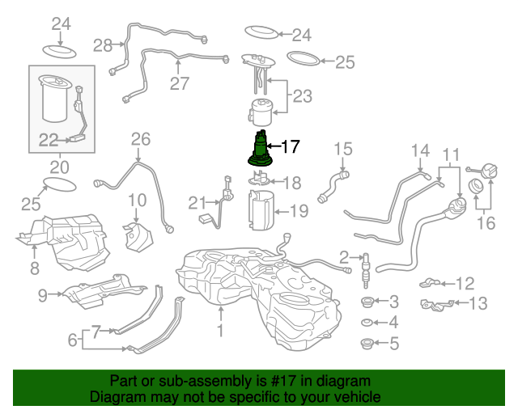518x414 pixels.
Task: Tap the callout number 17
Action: click(x=290, y=146)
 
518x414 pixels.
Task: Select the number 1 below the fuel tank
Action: click(x=219, y=330)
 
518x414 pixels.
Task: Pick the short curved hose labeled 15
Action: click(x=333, y=185)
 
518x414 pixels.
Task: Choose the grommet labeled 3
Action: click(x=367, y=302)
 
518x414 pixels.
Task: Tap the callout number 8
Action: click(x=34, y=267)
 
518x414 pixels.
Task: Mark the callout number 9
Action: click(x=43, y=295)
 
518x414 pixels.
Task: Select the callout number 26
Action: click(x=141, y=139)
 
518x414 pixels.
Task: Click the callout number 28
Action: click(x=103, y=45)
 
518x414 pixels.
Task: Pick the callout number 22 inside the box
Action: click(x=49, y=140)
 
